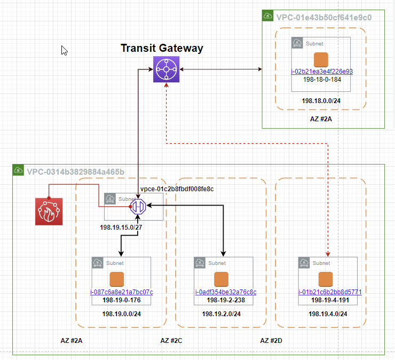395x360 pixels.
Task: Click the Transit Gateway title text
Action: pos(162,48)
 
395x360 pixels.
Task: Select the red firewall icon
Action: pos(49,211)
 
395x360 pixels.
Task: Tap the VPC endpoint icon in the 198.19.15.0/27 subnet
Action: pos(138,206)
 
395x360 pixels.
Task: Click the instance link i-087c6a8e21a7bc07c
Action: pos(121,292)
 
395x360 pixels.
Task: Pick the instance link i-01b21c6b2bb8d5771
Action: pos(330,292)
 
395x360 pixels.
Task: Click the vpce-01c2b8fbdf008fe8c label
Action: pos(177,189)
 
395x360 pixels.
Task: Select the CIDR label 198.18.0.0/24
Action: pos(321,100)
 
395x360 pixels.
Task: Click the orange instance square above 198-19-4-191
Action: pos(325,279)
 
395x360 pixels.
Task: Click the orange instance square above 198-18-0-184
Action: pos(320,59)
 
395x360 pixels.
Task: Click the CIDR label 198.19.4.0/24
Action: pos(328,314)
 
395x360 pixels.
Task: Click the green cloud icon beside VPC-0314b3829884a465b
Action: pos(18,171)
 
